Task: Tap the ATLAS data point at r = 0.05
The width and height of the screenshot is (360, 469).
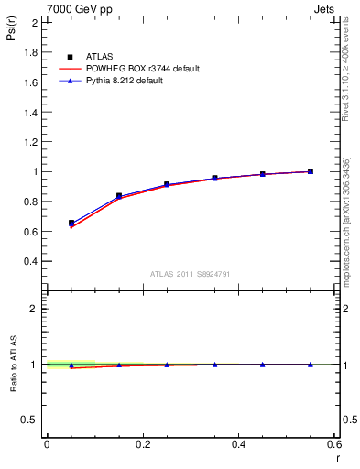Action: click(71, 223)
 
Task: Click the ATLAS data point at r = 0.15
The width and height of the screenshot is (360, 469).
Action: click(119, 196)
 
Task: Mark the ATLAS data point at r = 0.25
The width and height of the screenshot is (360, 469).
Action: click(167, 184)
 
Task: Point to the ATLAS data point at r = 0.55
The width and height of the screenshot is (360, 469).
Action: click(311, 171)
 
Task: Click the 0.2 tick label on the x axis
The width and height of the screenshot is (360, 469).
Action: click(142, 444)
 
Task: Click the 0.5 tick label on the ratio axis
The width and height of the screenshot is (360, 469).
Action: click(28, 420)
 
